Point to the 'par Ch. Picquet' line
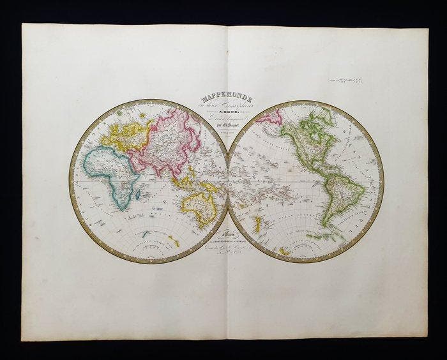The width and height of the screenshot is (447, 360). point(228,134)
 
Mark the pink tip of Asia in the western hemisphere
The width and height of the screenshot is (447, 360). point(269,117)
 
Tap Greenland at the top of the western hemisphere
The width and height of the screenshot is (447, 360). point(326,115)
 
